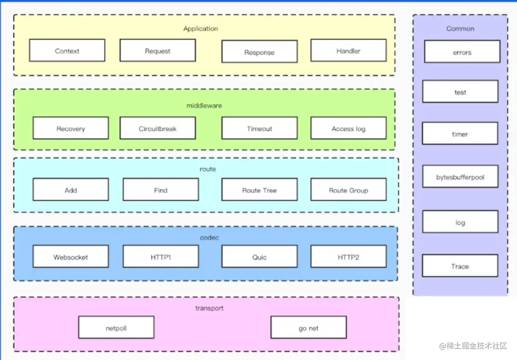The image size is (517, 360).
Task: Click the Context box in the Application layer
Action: [x=67, y=51]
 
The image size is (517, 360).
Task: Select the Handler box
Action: [x=348, y=51]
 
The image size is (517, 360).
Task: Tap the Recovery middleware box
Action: [x=71, y=129]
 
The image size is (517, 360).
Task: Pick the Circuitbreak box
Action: [x=157, y=129]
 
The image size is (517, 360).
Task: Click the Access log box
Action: [x=348, y=129]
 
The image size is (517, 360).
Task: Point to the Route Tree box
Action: [x=259, y=190]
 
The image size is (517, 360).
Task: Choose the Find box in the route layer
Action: [x=160, y=190]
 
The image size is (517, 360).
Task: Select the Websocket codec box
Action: [x=71, y=257]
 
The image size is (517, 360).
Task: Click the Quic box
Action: [x=259, y=257]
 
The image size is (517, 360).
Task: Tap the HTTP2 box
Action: [x=348, y=257]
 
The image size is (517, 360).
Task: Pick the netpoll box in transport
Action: [x=116, y=328]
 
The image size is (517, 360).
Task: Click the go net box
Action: [x=308, y=328]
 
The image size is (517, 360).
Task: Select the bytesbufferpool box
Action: [x=460, y=177]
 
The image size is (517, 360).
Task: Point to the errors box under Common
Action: [x=462, y=52]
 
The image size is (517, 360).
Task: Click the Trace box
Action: [x=460, y=266]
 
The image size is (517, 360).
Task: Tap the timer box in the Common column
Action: [x=460, y=134]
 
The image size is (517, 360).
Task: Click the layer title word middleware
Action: [x=204, y=105]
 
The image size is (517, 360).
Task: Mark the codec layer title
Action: [x=209, y=237]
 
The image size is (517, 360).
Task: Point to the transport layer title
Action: [x=209, y=308]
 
